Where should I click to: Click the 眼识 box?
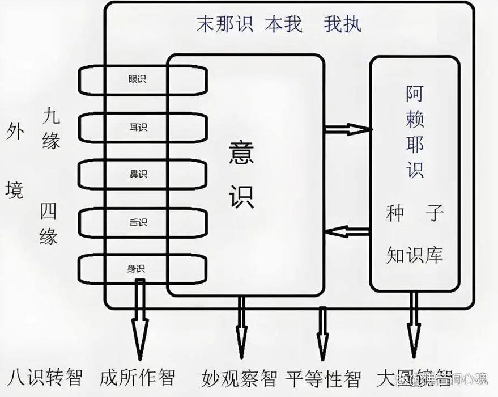(x=137, y=79)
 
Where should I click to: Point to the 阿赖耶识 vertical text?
(x=415, y=132)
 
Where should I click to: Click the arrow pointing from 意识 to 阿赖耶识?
(x=347, y=129)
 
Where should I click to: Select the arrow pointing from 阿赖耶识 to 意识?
(x=347, y=231)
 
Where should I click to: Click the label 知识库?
(x=414, y=255)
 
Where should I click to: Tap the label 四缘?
(x=49, y=223)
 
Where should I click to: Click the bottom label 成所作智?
(x=137, y=377)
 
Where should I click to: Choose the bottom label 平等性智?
(x=324, y=377)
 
